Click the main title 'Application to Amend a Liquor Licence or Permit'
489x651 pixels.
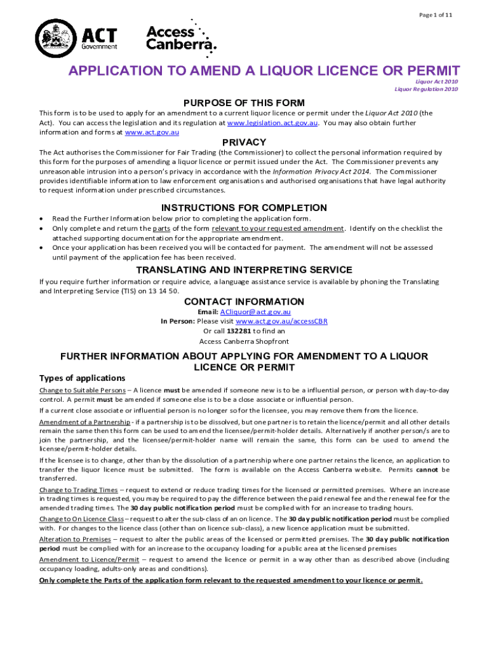pos(264,71)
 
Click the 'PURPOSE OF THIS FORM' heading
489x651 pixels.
pos(244,103)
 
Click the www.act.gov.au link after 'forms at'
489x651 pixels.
pos(152,133)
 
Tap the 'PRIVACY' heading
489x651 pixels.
pos(244,142)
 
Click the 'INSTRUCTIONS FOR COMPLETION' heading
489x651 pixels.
pos(244,208)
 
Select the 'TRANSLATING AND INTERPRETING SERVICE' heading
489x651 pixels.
pos(244,270)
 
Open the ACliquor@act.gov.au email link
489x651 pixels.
pos(255,312)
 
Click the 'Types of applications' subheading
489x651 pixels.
pos(82,378)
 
